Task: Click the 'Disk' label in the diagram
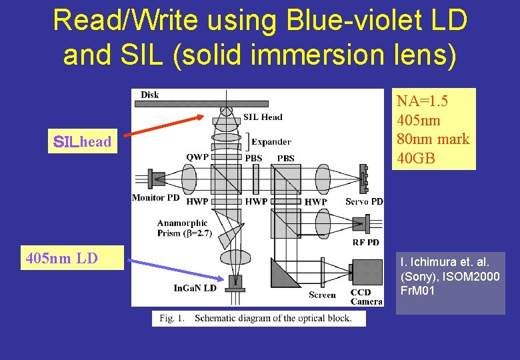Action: coord(150,95)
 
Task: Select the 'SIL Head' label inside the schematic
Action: coord(263,117)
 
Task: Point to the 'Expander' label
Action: coord(271,141)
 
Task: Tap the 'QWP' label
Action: coord(197,158)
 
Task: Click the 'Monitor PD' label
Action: coord(156,197)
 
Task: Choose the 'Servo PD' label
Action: coord(364,201)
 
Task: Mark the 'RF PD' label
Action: coord(367,242)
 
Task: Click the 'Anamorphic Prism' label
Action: coord(182,229)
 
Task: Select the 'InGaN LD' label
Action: coord(195,288)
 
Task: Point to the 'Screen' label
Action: coord(322,295)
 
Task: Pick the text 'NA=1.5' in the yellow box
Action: coord(422,101)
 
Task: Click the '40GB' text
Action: coord(415,158)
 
